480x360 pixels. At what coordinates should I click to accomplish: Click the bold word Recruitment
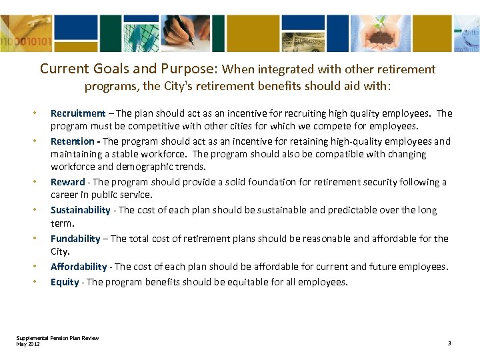[77, 113]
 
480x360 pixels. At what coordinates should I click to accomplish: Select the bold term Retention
[73, 141]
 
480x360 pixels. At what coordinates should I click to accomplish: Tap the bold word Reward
[68, 182]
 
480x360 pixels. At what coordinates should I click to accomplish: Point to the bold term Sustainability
[81, 210]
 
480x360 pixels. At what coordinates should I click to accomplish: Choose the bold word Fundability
[75, 238]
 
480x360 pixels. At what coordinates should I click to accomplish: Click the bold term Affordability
[79, 267]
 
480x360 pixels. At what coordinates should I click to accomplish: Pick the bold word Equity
[65, 282]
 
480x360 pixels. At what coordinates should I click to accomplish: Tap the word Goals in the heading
[113, 69]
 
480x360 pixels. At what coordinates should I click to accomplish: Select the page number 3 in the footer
[449, 343]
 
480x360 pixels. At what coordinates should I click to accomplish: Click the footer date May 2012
[28, 343]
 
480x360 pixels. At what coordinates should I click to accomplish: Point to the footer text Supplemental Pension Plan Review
[57, 338]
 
